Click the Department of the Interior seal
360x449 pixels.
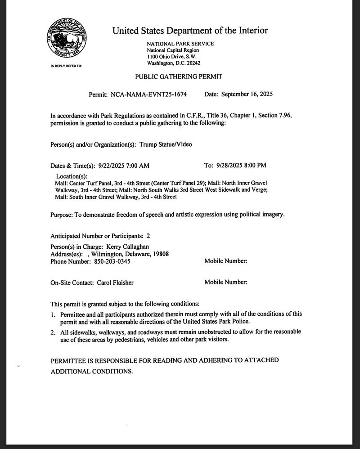66,40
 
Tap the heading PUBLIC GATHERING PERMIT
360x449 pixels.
178,77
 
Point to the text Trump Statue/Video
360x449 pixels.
166,145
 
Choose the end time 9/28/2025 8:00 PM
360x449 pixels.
241,165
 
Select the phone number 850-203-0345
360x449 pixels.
112,261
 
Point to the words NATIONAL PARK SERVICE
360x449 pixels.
180,44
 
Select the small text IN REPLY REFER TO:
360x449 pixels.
66,66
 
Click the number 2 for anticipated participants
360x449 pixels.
148,236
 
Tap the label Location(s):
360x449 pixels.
72,176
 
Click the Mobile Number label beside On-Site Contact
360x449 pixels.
225,283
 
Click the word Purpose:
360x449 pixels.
62,215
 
